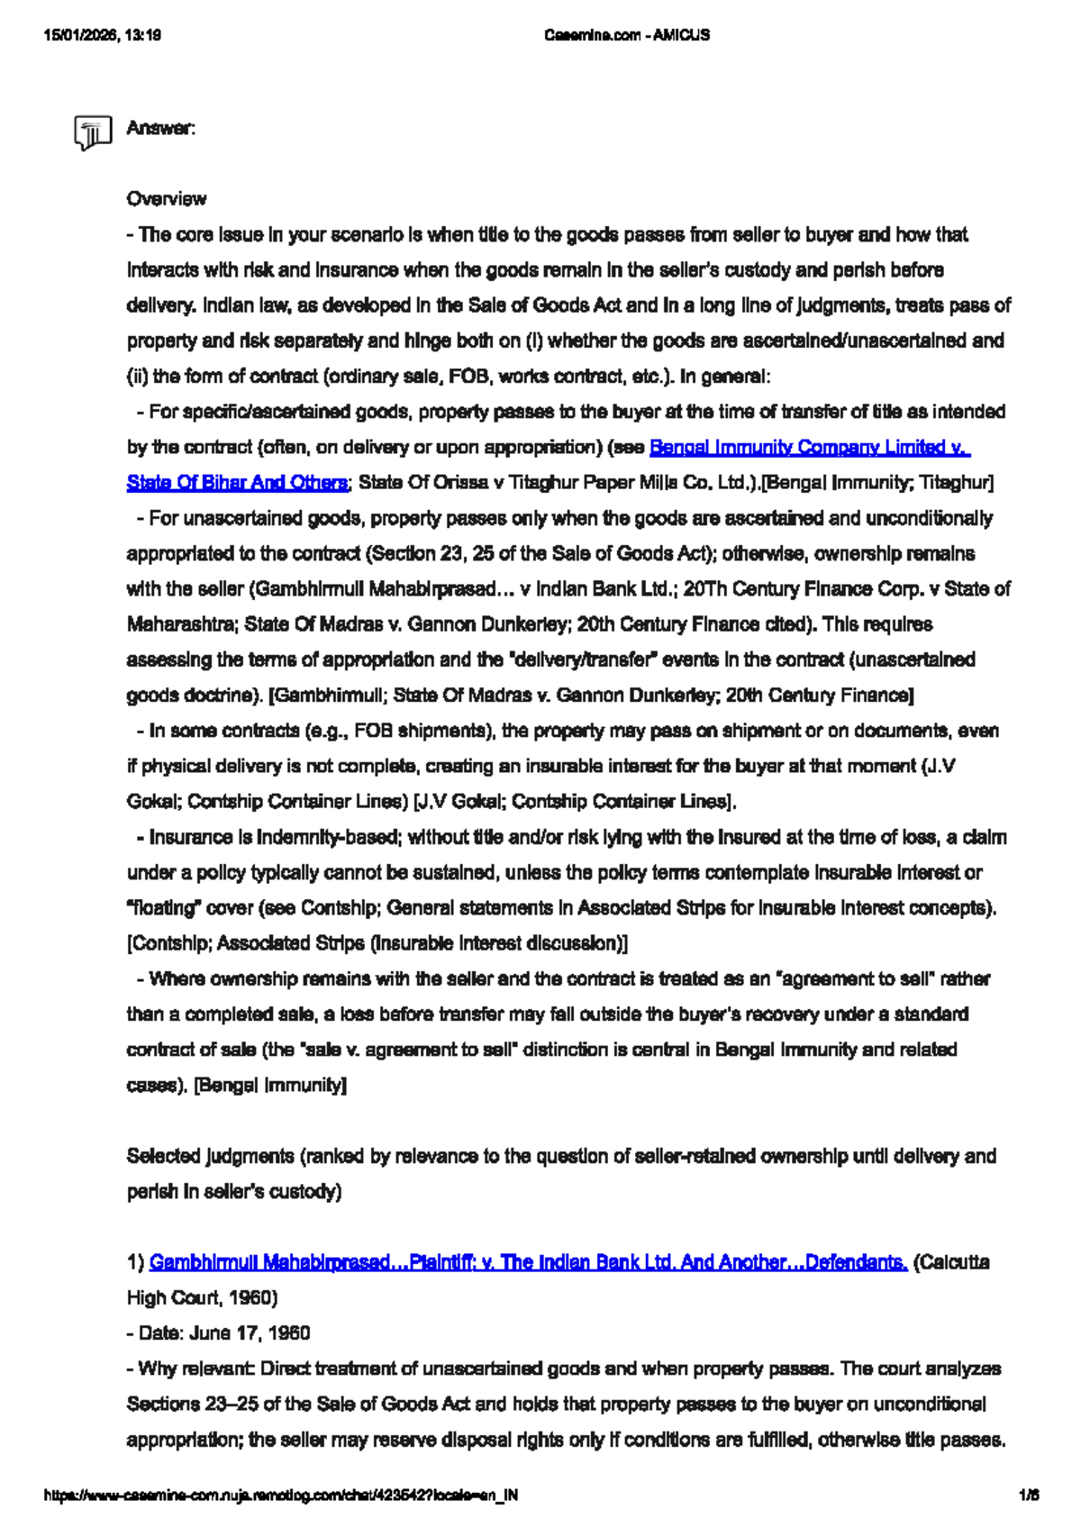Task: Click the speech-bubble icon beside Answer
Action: pos(93,133)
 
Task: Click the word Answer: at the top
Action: pos(160,128)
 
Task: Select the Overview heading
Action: pos(166,198)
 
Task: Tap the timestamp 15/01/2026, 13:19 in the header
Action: pos(102,35)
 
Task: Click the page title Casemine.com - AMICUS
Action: pos(627,35)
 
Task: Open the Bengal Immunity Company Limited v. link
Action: pos(809,447)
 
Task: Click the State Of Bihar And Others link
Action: pos(236,482)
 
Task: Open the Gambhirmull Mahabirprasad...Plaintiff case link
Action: pos(528,1262)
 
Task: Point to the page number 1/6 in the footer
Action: pos(1029,1496)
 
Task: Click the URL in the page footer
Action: pos(281,1496)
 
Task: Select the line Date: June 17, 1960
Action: pos(218,1333)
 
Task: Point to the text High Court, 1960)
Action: pos(202,1297)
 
